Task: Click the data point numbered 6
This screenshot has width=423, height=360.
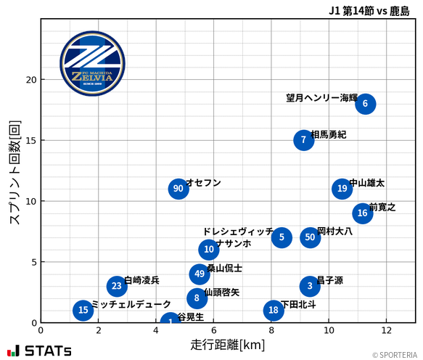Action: pos(366,104)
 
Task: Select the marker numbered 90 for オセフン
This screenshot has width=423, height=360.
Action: pos(178,189)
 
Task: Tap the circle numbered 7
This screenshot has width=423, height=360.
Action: pos(304,140)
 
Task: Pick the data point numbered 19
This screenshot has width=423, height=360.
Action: pos(342,189)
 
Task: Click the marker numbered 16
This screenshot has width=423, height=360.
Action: pos(363,213)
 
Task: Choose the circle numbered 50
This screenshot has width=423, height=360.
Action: pos(311,237)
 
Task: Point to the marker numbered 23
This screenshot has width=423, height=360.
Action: pos(117,286)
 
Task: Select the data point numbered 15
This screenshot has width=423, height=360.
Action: pos(83,311)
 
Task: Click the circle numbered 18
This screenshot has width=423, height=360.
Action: pos(274,311)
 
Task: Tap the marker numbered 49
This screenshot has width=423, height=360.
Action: pos(200,274)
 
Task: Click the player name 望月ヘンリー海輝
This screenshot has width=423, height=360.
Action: pos(321,98)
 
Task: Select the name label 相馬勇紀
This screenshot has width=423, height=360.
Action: pos(328,134)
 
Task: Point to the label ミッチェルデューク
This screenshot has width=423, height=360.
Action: pos(131,304)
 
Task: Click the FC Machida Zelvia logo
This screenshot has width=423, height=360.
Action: pos(92,64)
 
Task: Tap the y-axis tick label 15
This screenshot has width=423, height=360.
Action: pos(30,140)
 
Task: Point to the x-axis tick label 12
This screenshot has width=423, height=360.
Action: pos(386,330)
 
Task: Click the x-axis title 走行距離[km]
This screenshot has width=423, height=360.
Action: pos(228,344)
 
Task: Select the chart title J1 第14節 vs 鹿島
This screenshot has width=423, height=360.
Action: pos(369,11)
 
